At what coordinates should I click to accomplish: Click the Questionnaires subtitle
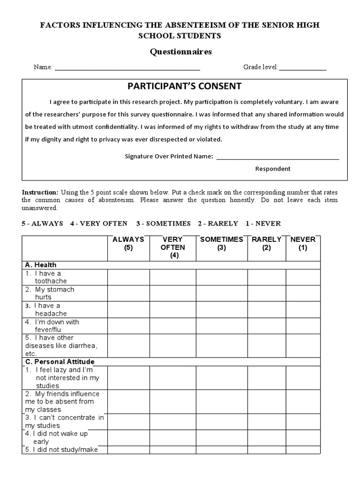tap(180, 52)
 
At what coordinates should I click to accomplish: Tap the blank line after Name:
tap(127, 68)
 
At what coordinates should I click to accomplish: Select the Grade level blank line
tap(302, 68)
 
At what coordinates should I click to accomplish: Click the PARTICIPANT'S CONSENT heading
tap(184, 86)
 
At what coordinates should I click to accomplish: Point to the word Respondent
tap(273, 169)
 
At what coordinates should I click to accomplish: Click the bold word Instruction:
tap(40, 193)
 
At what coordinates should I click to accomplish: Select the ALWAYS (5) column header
tap(128, 244)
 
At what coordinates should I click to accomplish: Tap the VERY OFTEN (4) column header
tap(172, 247)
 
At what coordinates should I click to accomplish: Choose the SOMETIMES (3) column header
tap(222, 244)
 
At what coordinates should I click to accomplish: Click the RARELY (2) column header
tap(267, 244)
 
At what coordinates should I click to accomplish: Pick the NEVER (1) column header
tap(303, 244)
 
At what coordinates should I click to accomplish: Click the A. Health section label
tap(41, 265)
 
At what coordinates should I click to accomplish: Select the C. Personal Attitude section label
tap(60, 362)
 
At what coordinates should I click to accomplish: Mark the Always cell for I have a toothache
tap(128, 277)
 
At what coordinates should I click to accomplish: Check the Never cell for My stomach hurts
tap(303, 293)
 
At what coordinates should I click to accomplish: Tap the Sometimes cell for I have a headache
tap(222, 309)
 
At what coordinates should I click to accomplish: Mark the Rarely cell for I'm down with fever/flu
tap(267, 325)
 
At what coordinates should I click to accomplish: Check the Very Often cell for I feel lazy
tap(172, 377)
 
